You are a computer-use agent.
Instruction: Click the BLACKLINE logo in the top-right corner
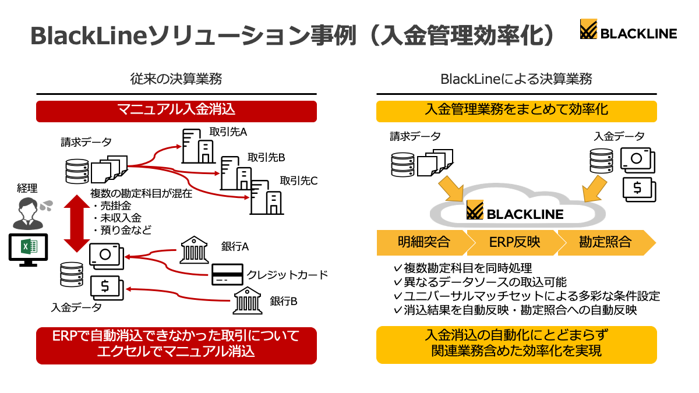628,29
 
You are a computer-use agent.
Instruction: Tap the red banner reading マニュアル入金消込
176,111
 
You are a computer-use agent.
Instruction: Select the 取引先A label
228,132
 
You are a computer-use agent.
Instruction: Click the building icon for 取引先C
267,197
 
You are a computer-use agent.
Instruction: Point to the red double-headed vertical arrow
77,224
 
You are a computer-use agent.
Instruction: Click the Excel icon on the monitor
29,246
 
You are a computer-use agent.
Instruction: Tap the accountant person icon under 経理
27,214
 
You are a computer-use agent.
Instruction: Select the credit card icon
227,274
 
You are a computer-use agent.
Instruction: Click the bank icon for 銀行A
194,250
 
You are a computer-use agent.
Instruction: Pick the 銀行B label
283,302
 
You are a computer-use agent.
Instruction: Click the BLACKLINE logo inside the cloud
515,210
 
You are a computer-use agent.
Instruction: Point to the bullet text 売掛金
115,206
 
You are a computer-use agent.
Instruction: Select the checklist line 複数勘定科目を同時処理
467,268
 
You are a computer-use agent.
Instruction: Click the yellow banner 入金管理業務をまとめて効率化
517,111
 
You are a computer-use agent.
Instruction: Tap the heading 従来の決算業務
176,79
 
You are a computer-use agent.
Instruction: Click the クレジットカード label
287,275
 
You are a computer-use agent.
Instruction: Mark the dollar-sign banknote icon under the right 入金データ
639,189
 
